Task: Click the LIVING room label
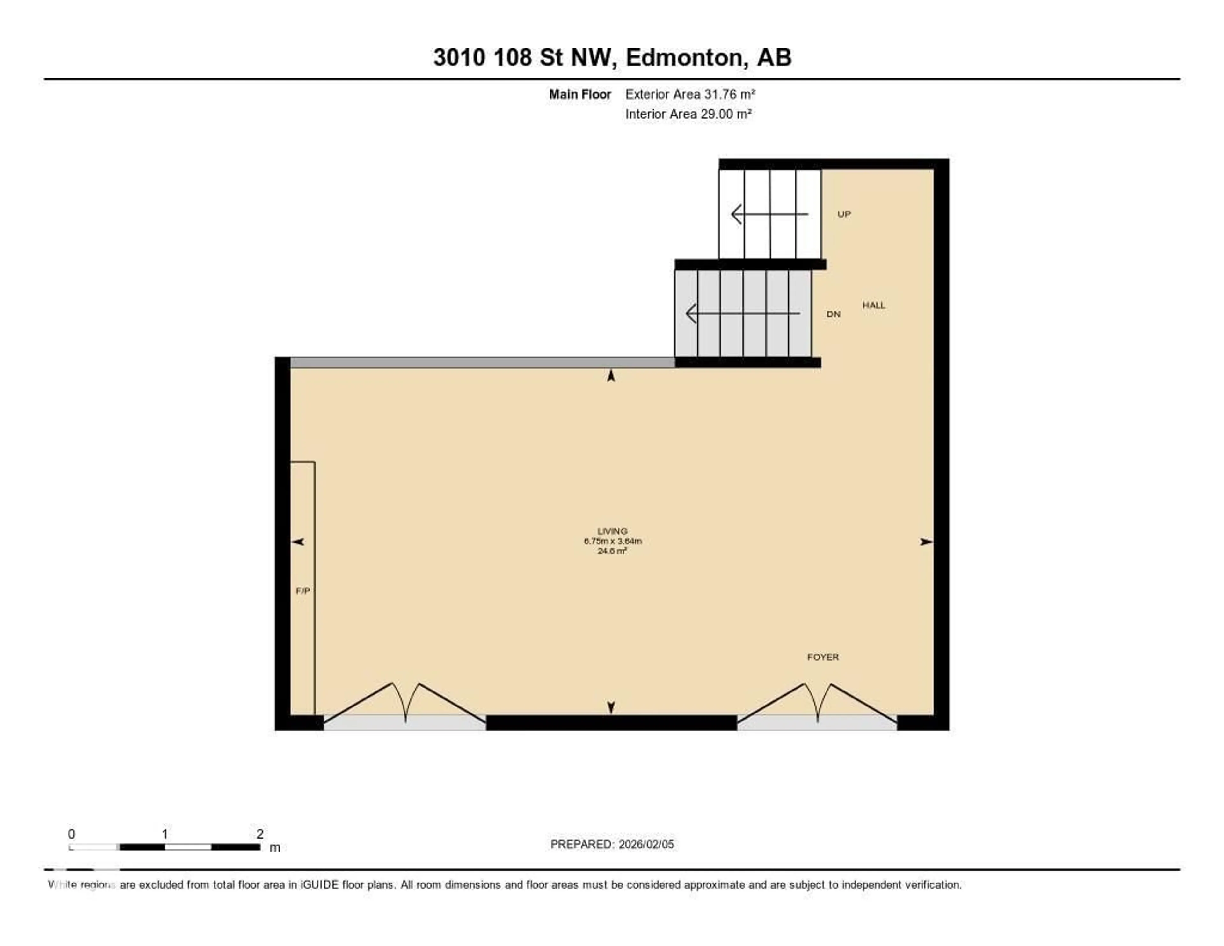tap(612, 530)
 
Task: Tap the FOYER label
tap(823, 657)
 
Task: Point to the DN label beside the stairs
tap(834, 314)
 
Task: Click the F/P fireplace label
tap(302, 590)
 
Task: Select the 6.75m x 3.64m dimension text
tap(612, 541)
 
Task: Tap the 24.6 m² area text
tap(612, 551)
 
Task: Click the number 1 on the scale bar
tap(165, 834)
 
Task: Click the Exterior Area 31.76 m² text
tap(690, 94)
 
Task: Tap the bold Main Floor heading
tap(579, 94)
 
